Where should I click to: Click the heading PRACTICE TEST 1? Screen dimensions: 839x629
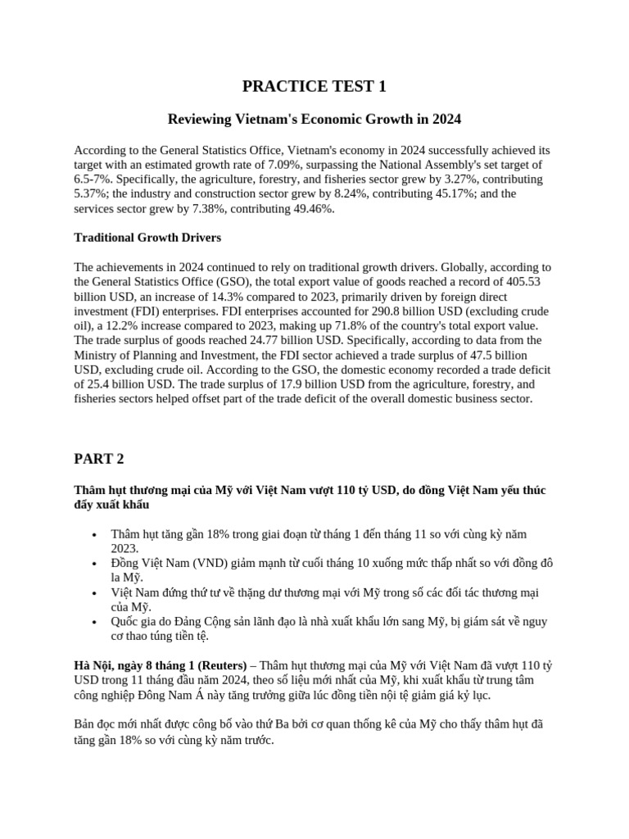click(x=314, y=86)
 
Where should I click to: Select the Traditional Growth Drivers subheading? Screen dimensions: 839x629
click(x=147, y=238)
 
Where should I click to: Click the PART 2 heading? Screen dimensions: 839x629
click(x=98, y=459)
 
